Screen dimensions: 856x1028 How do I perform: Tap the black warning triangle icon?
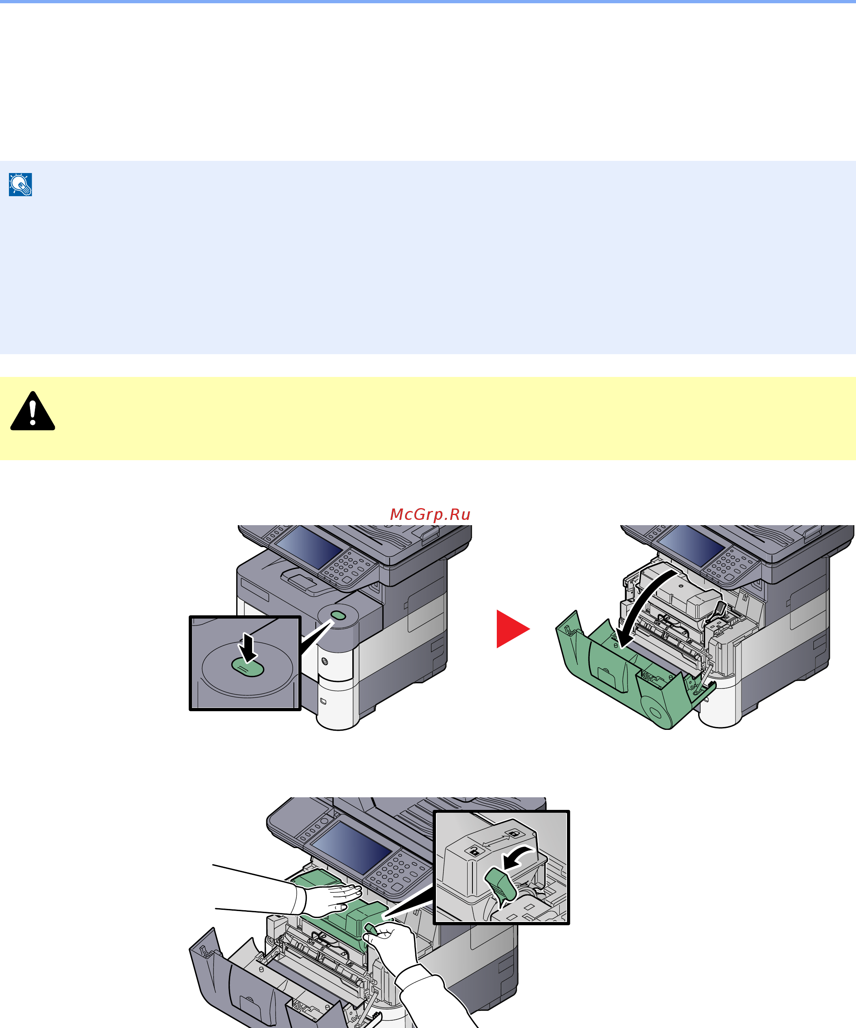(33, 411)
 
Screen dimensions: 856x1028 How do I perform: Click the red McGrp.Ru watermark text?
(430, 515)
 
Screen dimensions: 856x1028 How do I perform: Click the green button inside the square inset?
(248, 667)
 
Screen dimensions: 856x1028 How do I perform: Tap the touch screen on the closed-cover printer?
(308, 547)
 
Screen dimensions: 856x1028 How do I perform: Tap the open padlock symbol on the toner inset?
(513, 833)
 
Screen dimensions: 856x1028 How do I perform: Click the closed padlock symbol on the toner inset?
(474, 851)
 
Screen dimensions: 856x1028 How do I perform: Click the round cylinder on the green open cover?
(655, 710)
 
